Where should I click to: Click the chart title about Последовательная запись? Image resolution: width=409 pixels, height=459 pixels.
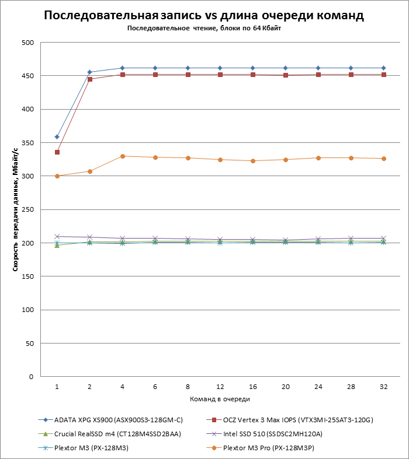204,16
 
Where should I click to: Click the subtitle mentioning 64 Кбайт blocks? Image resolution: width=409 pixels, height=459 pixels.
204,28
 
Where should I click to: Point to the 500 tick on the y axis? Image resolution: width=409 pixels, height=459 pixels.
28,43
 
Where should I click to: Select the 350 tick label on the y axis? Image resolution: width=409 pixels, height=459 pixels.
28,143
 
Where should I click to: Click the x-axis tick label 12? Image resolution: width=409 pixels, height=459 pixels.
220,386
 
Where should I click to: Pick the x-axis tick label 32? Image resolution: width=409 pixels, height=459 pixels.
383,386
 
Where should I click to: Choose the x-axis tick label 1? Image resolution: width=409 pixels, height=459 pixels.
57,386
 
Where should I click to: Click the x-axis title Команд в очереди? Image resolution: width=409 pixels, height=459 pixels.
220,399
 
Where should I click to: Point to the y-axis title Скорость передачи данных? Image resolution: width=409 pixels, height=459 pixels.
16,210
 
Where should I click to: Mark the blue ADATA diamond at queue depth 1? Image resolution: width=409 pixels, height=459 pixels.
57,137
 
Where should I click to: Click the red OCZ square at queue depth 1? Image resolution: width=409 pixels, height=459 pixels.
57,152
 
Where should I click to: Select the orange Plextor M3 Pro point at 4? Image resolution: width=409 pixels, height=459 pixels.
123,156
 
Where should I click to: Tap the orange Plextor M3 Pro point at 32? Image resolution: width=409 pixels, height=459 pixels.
383,159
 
